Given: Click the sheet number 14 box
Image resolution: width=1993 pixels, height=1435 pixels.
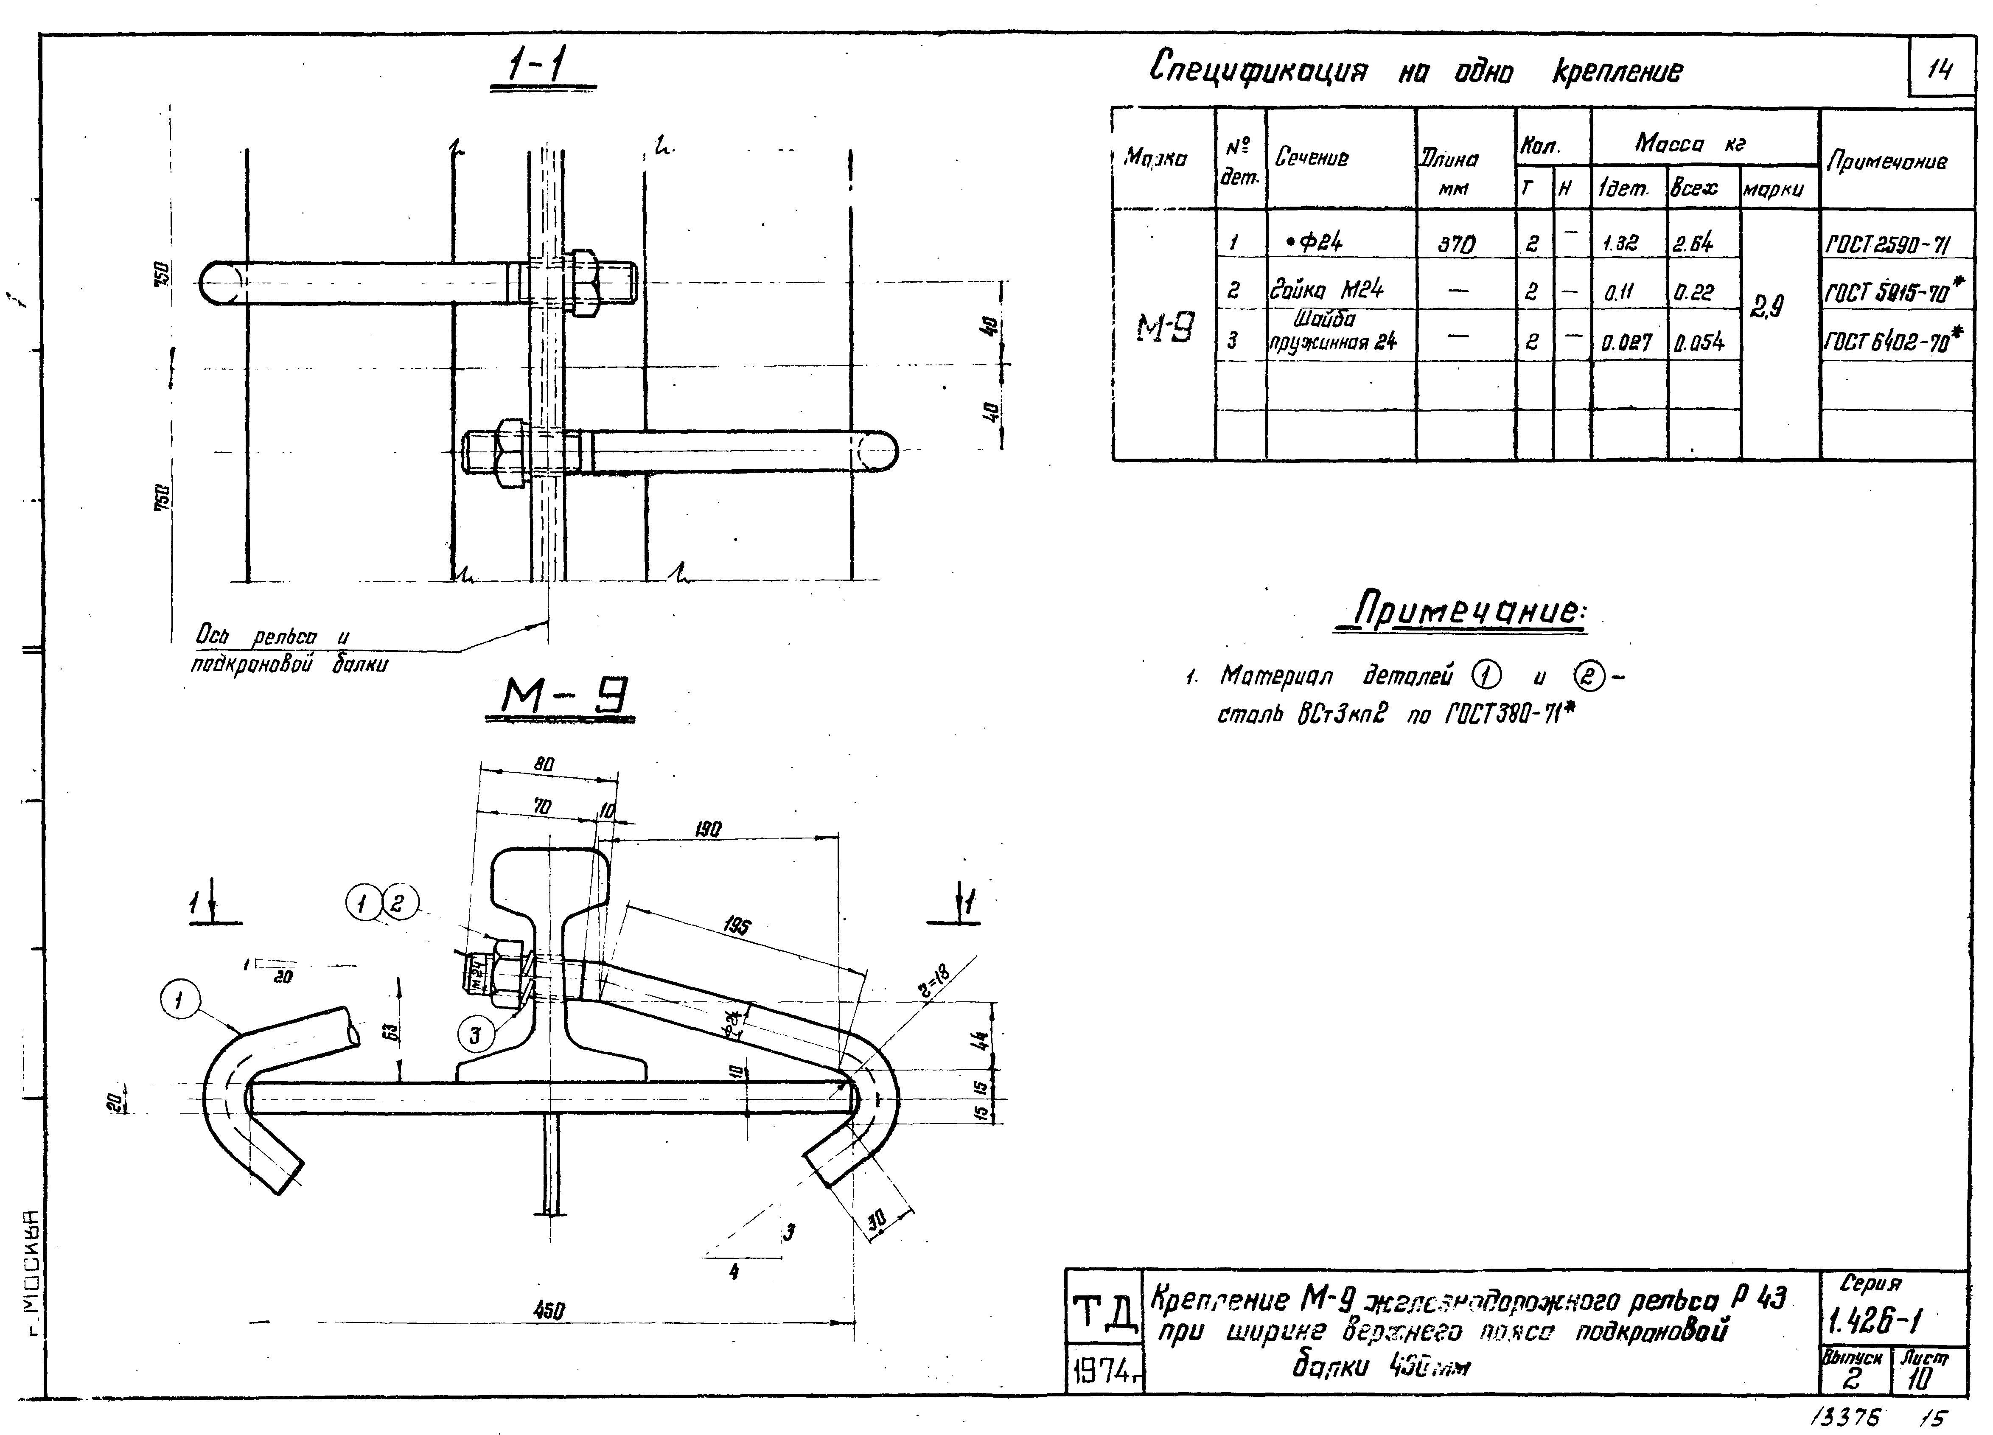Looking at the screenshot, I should [1939, 69].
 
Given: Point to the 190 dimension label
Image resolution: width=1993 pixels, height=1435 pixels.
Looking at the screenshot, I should [707, 829].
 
